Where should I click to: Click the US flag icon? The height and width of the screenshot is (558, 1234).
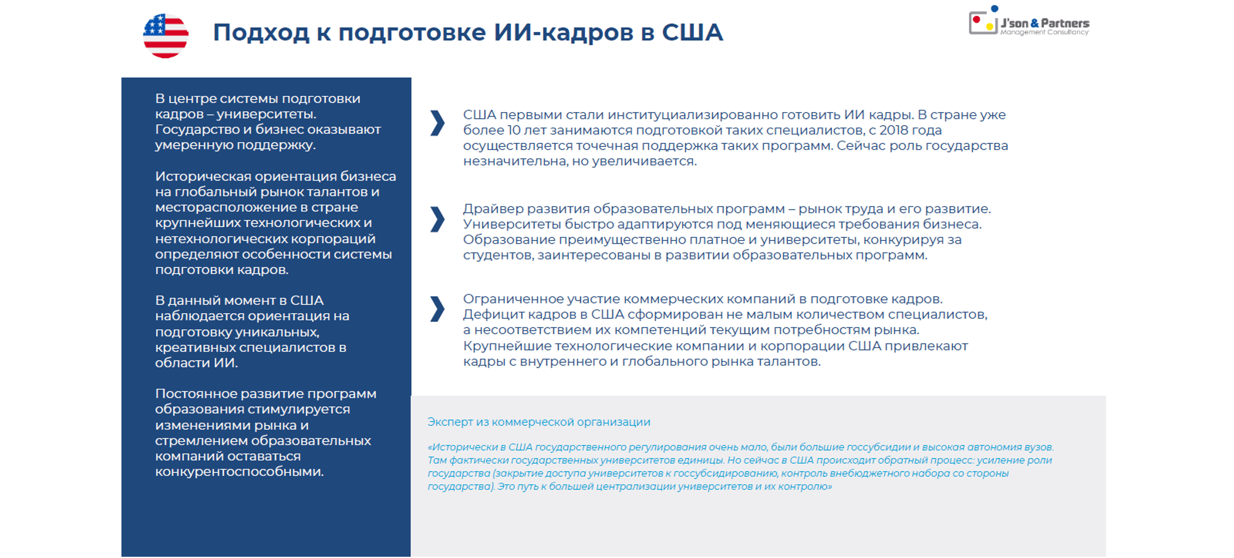tap(165, 35)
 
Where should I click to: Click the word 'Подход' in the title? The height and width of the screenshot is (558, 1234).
tap(261, 33)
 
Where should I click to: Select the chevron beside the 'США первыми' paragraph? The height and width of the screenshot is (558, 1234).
tap(437, 123)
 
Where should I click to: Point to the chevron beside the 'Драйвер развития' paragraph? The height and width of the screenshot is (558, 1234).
tap(437, 220)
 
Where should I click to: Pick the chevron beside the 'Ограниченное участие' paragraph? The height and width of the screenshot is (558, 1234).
tap(437, 309)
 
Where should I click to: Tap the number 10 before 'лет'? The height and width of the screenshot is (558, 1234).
tap(513, 130)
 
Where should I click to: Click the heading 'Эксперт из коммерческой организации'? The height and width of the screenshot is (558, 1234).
tap(538, 422)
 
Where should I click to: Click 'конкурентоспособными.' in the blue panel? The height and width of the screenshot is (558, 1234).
tap(239, 472)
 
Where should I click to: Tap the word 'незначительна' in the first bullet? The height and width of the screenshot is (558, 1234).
tap(515, 161)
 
